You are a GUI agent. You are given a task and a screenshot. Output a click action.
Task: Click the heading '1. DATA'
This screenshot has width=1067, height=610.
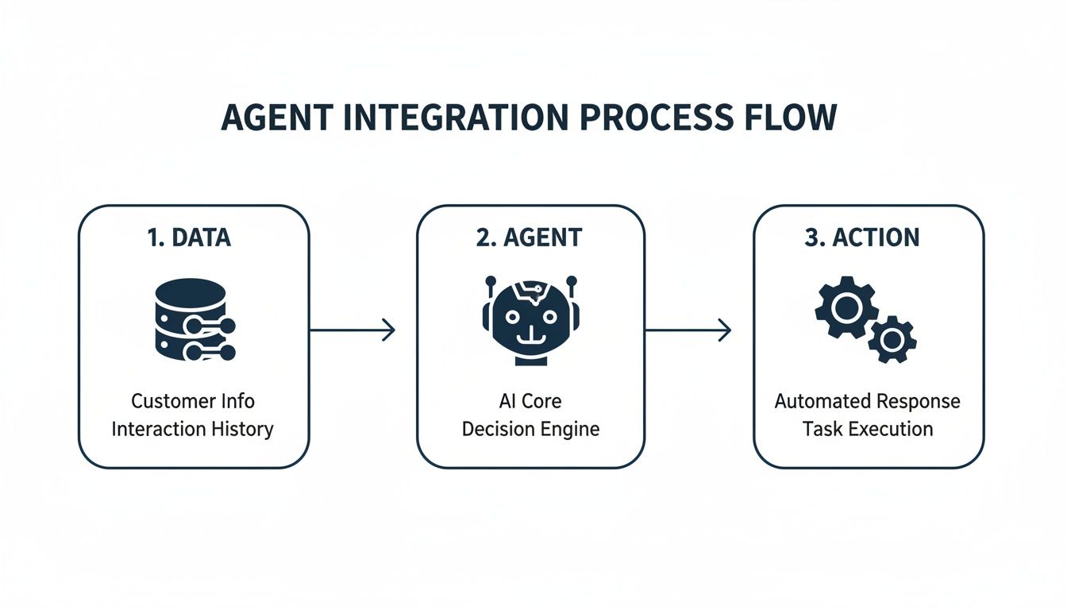pyautogui.click(x=190, y=238)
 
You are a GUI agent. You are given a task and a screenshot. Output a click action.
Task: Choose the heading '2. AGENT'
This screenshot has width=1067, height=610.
pyautogui.click(x=530, y=238)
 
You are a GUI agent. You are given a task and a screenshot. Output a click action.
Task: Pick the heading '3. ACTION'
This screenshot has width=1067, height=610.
pyautogui.click(x=862, y=238)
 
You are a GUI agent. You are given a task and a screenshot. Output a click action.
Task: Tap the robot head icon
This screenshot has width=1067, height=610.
pyautogui.click(x=530, y=319)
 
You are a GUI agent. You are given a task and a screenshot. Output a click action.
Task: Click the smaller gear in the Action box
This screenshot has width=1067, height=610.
pyautogui.click(x=892, y=340)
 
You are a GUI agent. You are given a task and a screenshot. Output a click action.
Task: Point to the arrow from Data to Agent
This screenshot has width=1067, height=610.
pyautogui.click(x=352, y=330)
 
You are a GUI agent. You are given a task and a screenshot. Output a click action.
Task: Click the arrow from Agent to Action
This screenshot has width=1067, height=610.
pyautogui.click(x=688, y=330)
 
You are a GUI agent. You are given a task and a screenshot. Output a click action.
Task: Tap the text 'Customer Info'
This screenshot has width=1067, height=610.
pyautogui.click(x=193, y=401)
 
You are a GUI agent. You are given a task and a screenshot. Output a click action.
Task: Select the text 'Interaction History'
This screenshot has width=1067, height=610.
pyautogui.click(x=193, y=430)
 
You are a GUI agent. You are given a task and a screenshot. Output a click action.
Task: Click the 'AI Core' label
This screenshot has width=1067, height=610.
pyautogui.click(x=530, y=401)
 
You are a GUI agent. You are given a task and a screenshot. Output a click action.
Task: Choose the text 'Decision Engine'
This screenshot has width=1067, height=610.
pyautogui.click(x=530, y=430)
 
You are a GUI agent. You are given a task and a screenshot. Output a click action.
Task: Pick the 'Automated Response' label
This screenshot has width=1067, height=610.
pyautogui.click(x=867, y=401)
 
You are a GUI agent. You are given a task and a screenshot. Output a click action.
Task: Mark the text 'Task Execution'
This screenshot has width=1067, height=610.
pyautogui.click(x=867, y=430)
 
